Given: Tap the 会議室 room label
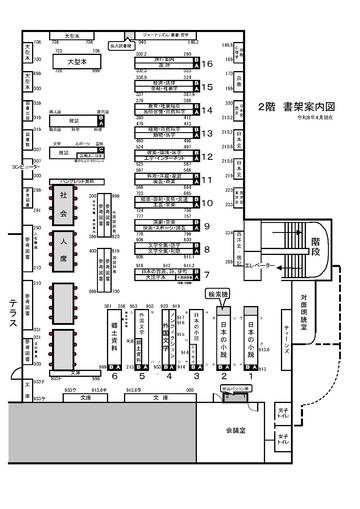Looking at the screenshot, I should [x=236, y=428].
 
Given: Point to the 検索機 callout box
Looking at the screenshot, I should [x=218, y=296].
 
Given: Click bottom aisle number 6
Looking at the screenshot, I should [x=116, y=376].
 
